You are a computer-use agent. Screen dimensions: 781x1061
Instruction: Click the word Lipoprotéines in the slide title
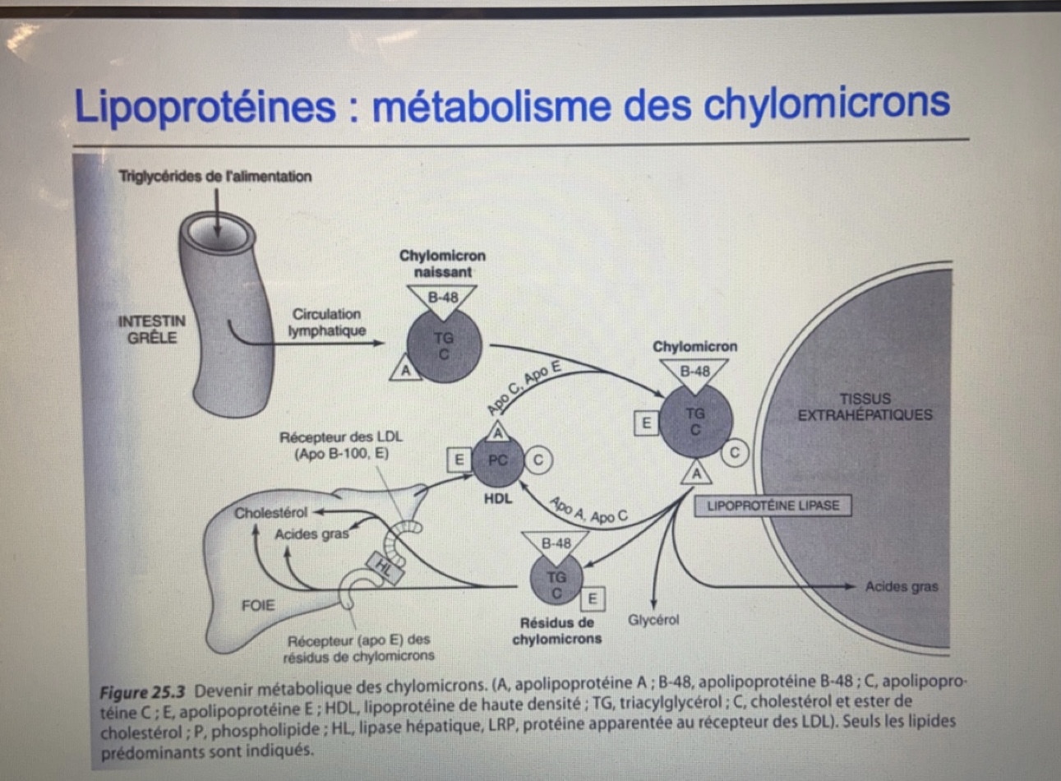205,107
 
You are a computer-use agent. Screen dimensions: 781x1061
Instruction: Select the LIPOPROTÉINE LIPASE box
773,505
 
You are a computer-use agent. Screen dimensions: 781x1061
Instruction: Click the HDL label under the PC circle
497,498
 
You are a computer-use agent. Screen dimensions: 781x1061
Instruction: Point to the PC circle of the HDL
498,460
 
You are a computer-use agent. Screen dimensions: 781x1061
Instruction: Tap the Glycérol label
653,620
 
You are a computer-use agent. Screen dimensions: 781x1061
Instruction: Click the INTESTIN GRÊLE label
152,329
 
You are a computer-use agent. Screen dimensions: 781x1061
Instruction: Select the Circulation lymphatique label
326,322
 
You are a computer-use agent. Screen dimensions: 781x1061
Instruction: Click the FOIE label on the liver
258,606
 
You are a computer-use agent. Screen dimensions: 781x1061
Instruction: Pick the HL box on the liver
385,566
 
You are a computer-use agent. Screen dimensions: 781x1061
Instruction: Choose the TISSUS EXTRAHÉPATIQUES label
865,407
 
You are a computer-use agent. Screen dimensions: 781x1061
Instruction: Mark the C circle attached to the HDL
537,460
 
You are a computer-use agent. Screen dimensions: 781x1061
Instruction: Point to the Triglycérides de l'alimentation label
215,176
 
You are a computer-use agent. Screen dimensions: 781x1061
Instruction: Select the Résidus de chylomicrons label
556,631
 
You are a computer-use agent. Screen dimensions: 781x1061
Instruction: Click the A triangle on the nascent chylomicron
405,370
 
